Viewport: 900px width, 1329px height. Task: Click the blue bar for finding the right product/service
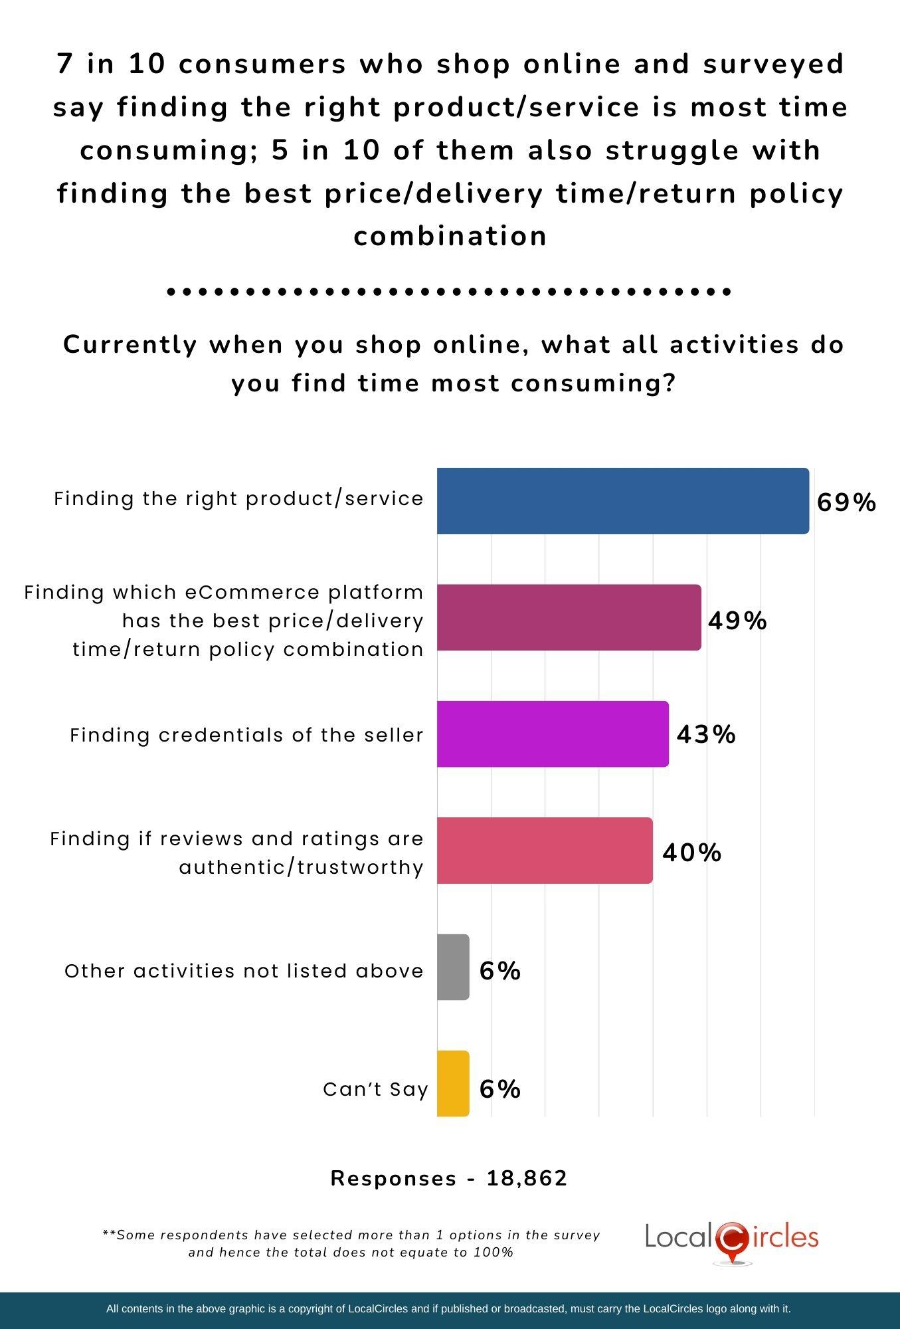point(622,501)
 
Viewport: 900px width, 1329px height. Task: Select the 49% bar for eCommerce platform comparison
point(569,617)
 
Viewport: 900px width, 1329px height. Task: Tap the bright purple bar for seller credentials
point(553,734)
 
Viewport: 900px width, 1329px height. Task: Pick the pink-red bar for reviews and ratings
point(545,851)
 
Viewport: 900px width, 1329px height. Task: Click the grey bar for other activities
point(453,967)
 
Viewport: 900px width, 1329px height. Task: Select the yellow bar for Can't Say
point(453,1084)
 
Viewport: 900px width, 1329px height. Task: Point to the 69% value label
point(846,503)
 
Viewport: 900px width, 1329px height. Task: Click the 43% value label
point(705,734)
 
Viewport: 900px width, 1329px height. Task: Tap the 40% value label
point(691,852)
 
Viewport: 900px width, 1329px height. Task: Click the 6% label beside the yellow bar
point(499,1089)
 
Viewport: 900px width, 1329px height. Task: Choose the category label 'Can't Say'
point(375,1089)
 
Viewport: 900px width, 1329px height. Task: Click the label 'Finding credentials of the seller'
point(246,735)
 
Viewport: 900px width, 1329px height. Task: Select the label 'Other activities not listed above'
point(244,971)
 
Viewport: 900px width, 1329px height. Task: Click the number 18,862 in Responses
point(527,1178)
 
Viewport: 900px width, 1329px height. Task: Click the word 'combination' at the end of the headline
point(450,236)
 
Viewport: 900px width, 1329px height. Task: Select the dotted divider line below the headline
point(450,291)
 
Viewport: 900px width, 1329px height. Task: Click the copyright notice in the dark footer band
point(448,1309)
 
